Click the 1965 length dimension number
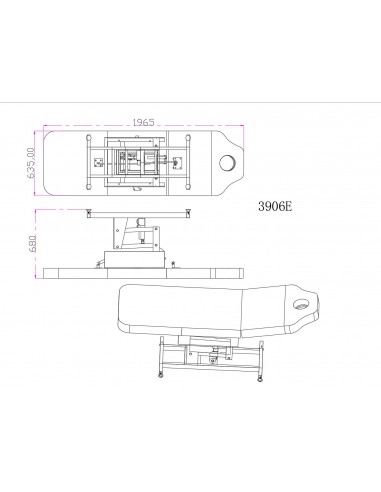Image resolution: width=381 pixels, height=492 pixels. (x=144, y=122)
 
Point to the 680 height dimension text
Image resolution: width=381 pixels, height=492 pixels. (x=32, y=244)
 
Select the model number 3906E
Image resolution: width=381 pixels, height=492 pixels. (x=275, y=206)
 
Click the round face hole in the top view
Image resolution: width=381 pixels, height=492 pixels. (x=227, y=163)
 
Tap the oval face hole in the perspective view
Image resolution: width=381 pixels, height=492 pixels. (x=301, y=304)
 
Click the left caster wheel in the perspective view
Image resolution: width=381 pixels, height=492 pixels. (x=160, y=375)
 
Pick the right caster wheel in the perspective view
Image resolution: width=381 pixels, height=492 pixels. (x=260, y=378)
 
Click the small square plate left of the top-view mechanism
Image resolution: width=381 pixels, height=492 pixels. (x=98, y=163)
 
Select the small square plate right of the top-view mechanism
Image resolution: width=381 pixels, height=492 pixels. (x=177, y=163)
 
